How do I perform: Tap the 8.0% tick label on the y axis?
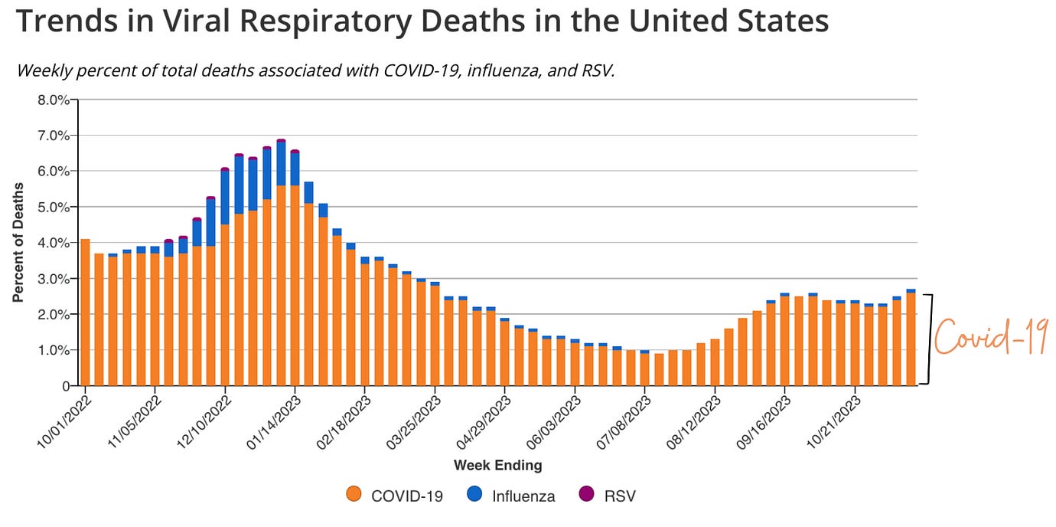[x=54, y=100]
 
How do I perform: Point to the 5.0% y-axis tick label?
[x=54, y=207]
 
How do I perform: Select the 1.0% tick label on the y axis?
[x=54, y=350]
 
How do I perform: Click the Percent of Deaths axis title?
[x=18, y=243]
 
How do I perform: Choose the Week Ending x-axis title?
[x=497, y=465]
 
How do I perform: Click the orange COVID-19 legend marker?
[x=354, y=495]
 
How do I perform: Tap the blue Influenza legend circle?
[x=474, y=495]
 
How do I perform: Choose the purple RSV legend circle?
[x=586, y=495]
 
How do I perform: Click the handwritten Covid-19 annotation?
[x=992, y=338]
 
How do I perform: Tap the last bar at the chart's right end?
[x=911, y=338]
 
